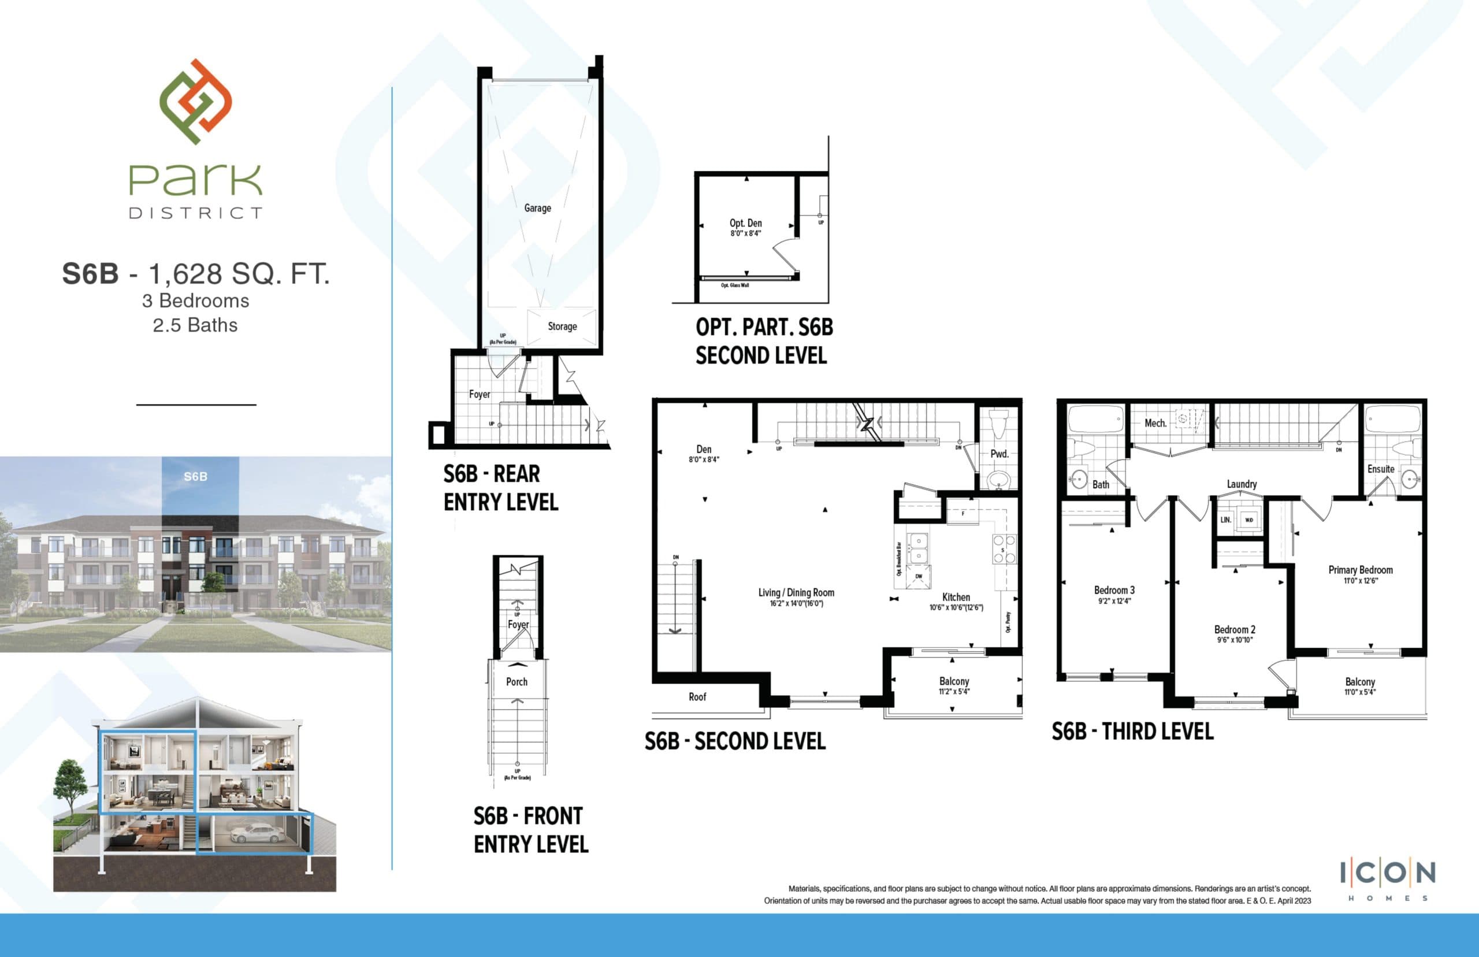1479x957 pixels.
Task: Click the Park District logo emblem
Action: pos(196,102)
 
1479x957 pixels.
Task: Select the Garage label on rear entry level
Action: pos(537,208)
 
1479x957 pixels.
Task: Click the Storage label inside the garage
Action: pos(562,327)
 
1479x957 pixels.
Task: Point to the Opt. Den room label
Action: pos(745,223)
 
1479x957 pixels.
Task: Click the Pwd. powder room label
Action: pos(999,454)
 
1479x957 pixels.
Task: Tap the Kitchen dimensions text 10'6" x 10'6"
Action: pos(956,608)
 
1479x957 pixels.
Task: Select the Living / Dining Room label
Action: pos(796,592)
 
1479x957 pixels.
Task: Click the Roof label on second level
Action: pos(697,696)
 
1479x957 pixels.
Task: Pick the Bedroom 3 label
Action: pos(1114,589)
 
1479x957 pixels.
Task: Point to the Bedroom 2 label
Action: pos(1235,629)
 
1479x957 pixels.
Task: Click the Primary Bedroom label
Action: pos(1361,570)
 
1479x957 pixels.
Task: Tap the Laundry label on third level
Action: pos(1242,484)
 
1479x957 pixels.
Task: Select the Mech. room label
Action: pos(1155,423)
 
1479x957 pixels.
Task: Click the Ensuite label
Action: pos(1380,469)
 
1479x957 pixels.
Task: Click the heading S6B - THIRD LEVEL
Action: pos(1132,732)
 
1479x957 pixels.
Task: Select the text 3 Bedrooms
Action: pos(196,301)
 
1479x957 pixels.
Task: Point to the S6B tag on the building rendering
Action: pos(196,477)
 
